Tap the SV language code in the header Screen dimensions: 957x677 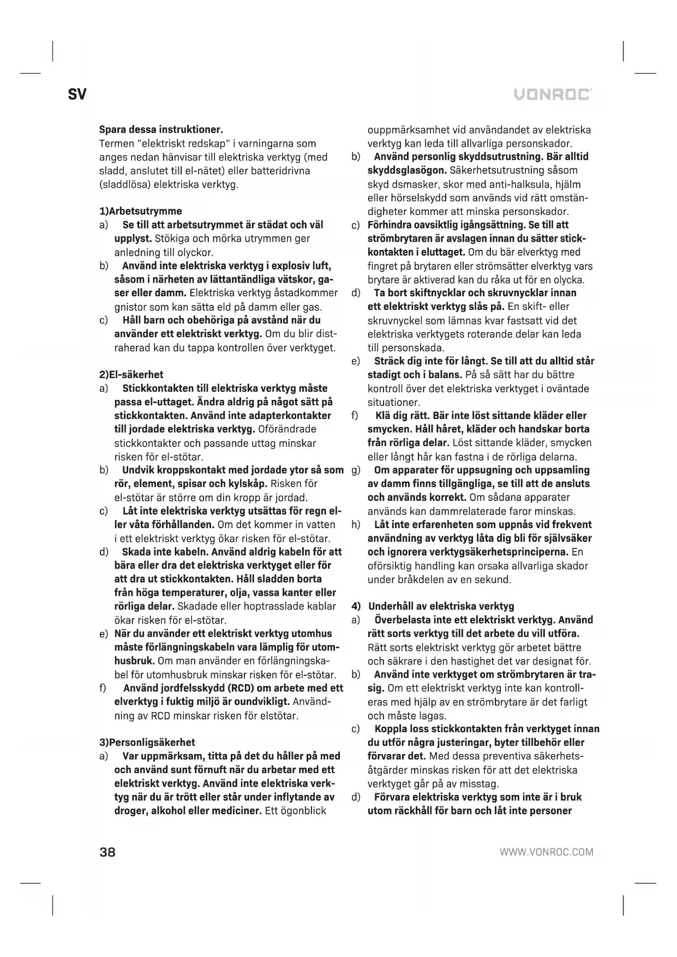[77, 94]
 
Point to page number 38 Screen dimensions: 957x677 [108, 852]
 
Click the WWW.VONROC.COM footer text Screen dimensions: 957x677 [546, 852]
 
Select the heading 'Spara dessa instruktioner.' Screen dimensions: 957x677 [161, 130]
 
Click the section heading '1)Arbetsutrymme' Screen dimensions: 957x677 [140, 211]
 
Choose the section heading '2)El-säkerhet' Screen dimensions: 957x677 [131, 375]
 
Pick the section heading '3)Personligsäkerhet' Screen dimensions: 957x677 [147, 743]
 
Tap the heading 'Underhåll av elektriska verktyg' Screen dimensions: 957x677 [441, 606]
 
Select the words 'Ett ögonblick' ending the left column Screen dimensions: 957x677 [295, 811]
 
